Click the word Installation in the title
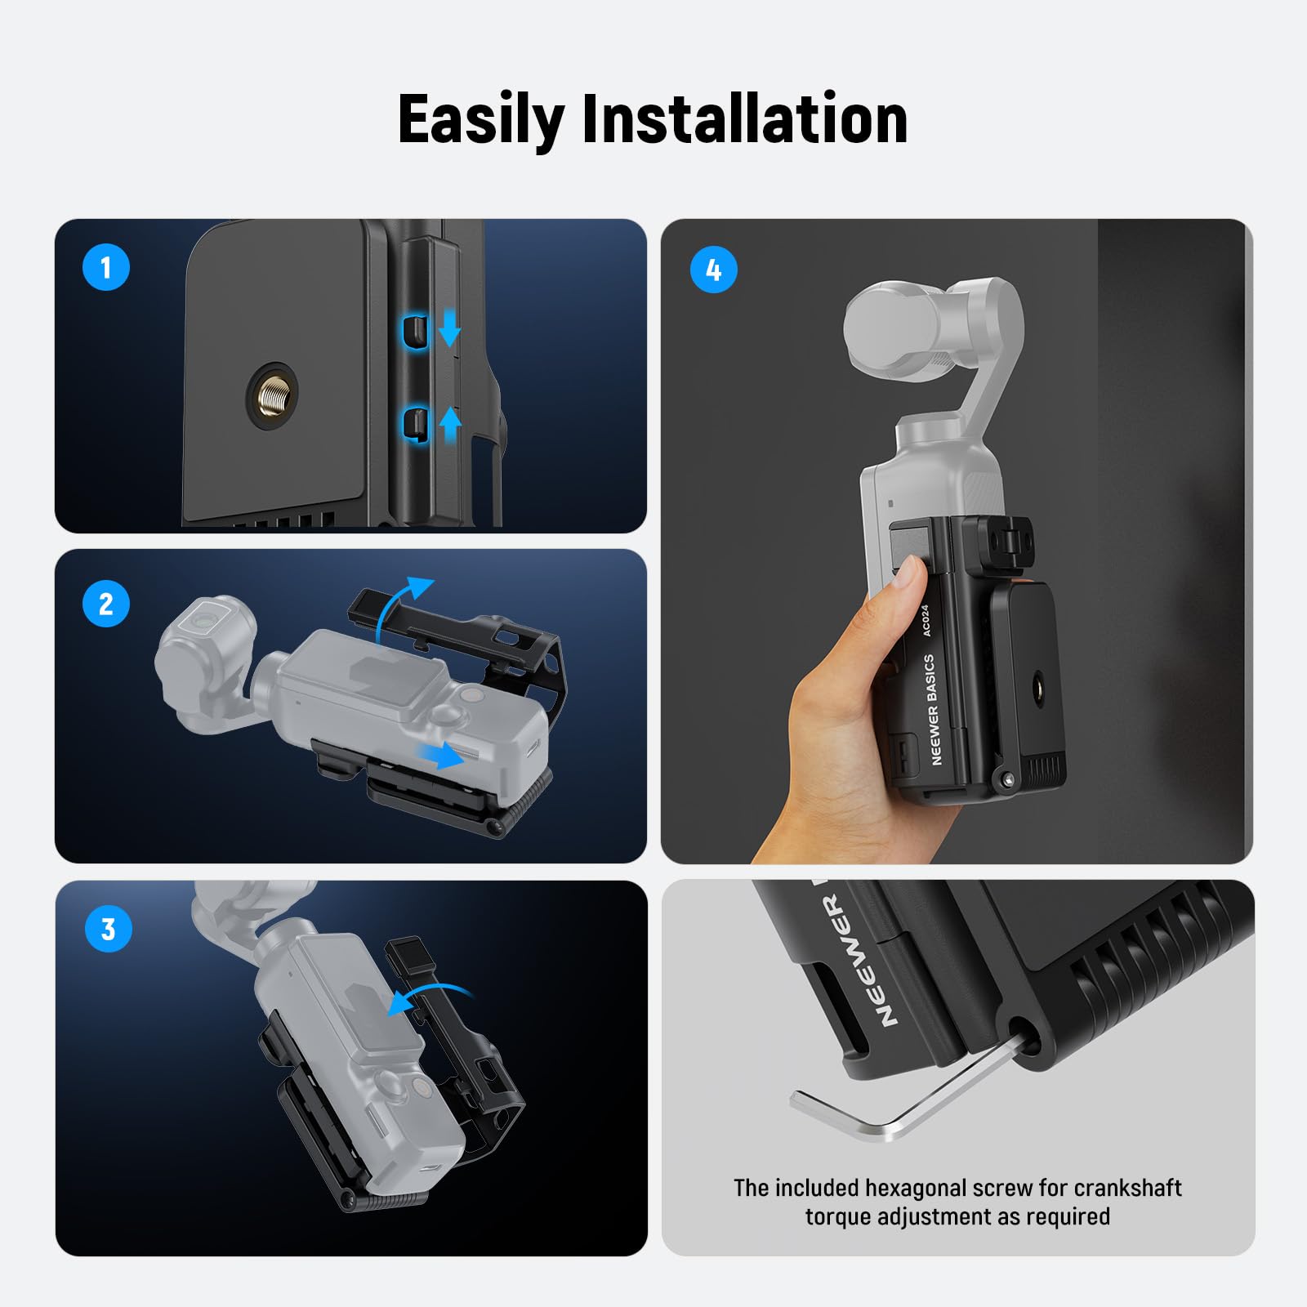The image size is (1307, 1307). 744,119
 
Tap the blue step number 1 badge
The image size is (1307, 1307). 106,267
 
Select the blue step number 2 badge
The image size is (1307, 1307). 106,604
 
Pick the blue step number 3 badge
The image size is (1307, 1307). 108,929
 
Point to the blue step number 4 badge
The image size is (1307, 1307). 713,270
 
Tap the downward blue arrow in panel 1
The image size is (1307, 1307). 450,329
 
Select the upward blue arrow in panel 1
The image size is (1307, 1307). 450,425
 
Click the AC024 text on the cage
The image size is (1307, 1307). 926,621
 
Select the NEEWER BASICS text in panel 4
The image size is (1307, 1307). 932,709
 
